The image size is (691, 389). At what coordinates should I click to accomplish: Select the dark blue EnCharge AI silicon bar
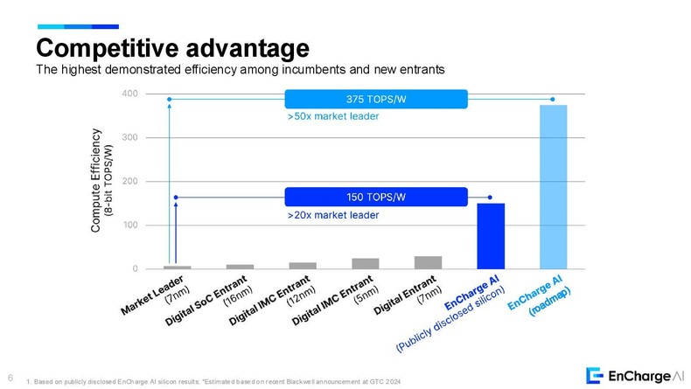tap(491, 236)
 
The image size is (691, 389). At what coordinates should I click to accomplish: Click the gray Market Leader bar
tap(178, 267)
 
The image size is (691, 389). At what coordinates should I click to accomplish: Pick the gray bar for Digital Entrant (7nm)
tap(428, 262)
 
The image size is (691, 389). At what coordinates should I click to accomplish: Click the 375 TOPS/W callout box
tap(377, 99)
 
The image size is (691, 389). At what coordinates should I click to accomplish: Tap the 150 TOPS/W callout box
tap(377, 198)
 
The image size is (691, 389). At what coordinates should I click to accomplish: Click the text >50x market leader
tap(332, 115)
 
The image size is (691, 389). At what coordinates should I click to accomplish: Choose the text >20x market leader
tap(332, 213)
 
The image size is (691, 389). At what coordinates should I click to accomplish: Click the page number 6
tap(9, 378)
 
